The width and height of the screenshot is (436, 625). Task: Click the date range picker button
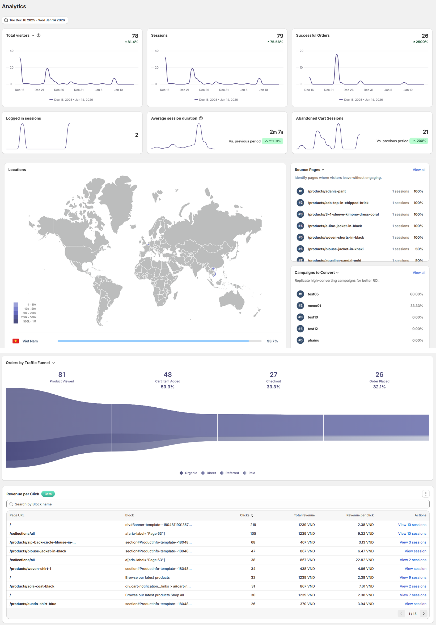tap(35, 20)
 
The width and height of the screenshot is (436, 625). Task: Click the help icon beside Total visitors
tap(39, 35)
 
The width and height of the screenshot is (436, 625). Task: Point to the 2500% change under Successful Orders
tap(421, 42)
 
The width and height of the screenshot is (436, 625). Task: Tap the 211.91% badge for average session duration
tap(273, 141)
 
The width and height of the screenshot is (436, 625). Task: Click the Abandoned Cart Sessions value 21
tap(425, 132)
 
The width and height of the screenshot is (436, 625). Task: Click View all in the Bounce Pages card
tap(418, 170)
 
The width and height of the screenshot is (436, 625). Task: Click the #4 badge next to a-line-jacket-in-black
tap(300, 226)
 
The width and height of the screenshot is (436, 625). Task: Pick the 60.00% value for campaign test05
tap(416, 294)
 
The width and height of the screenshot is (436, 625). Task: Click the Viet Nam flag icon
tap(16, 341)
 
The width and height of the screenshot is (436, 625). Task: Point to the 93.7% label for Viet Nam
tap(272, 341)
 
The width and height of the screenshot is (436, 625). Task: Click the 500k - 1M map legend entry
tap(29, 322)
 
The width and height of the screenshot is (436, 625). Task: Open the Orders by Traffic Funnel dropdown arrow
tap(54, 363)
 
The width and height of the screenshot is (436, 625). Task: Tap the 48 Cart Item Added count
tap(168, 375)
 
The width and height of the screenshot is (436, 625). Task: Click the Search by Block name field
tap(218, 504)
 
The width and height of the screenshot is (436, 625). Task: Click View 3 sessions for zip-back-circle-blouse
tap(413, 542)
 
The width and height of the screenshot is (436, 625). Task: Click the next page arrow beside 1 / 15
tap(424, 614)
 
